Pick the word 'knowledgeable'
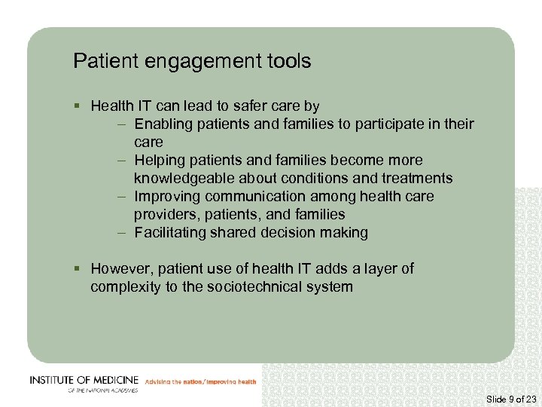[184, 179]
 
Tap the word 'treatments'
[416, 179]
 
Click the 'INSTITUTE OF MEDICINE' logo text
[83, 380]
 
